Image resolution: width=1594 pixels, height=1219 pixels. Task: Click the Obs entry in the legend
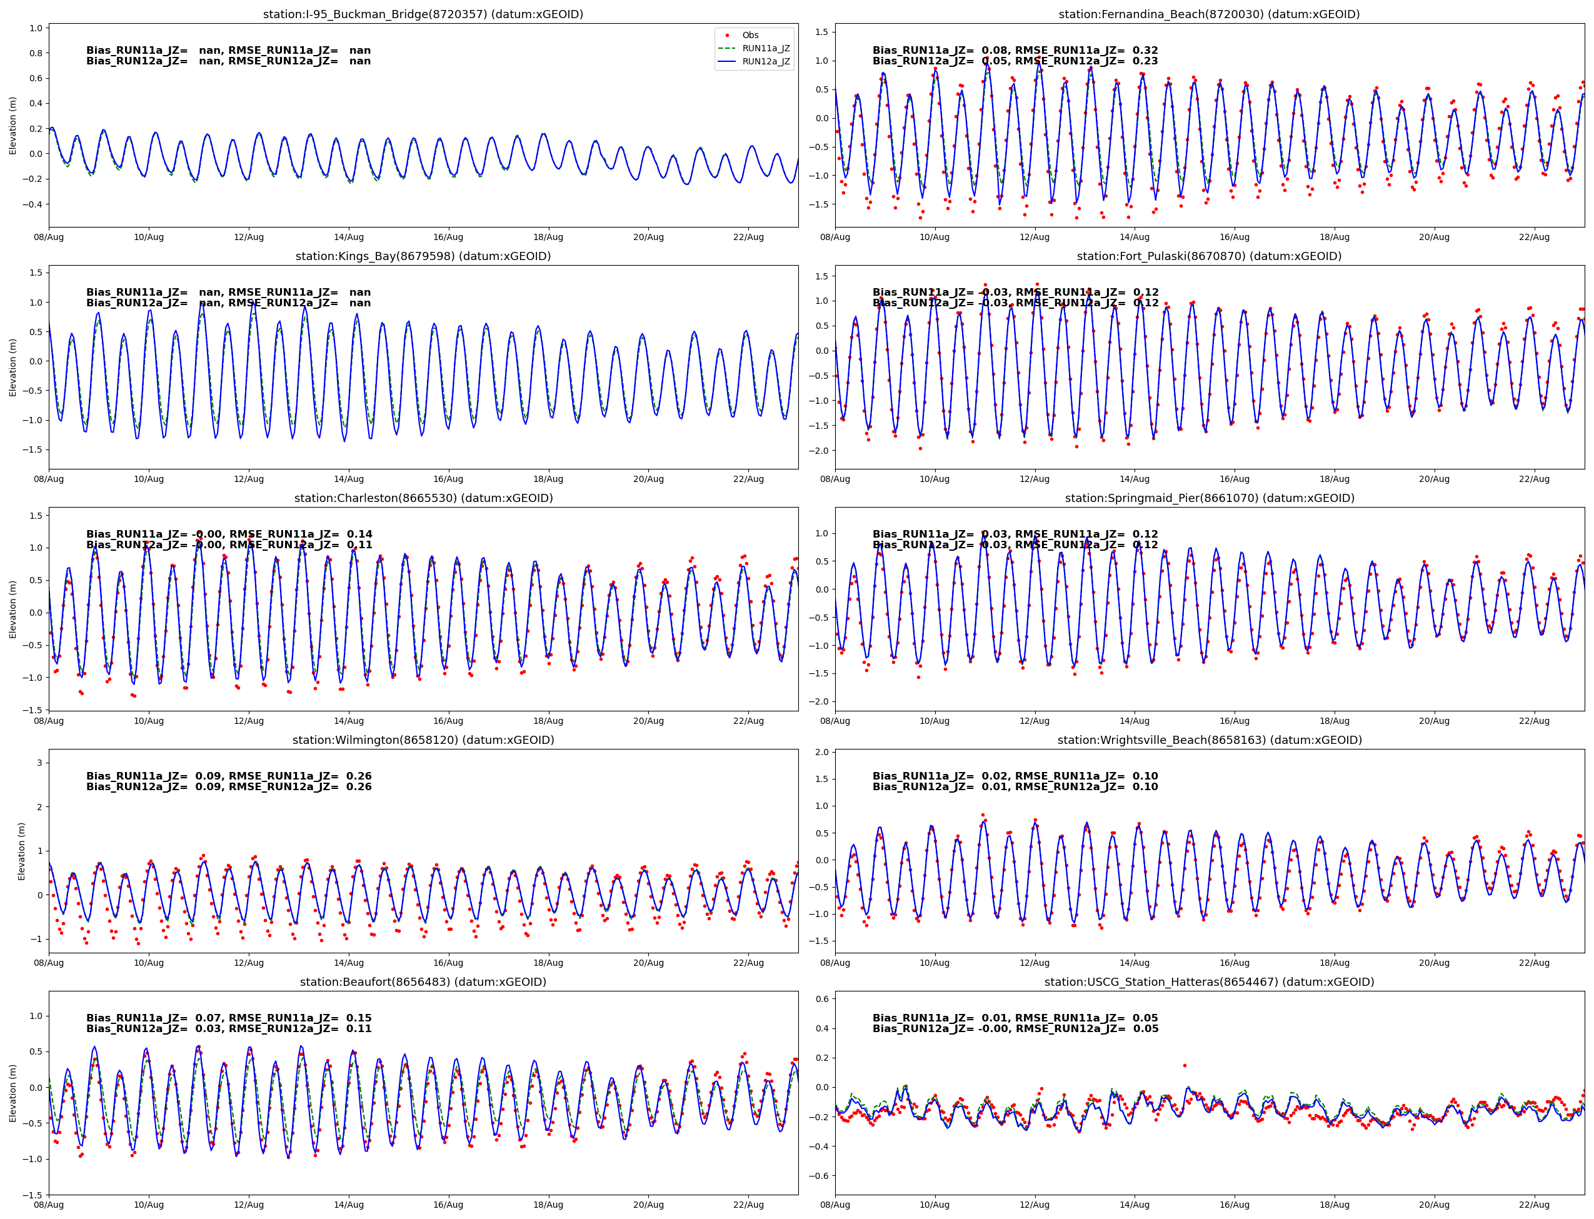[x=749, y=35]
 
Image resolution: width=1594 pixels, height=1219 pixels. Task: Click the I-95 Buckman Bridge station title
[x=423, y=14]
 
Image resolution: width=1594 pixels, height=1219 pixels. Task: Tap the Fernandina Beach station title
[x=1209, y=14]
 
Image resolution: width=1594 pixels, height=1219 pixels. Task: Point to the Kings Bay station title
[x=423, y=256]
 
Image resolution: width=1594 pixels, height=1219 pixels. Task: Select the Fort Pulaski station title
[x=1209, y=256]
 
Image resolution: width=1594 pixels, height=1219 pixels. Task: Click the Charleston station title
[x=423, y=498]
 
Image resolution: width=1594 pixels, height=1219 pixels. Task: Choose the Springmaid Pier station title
[x=1209, y=498]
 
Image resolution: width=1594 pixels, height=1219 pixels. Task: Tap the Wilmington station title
[x=423, y=740]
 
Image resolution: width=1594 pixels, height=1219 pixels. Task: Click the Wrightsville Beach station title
[x=1209, y=740]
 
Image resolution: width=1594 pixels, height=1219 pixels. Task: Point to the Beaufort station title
[x=423, y=981]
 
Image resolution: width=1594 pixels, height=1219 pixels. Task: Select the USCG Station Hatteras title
[x=1209, y=981]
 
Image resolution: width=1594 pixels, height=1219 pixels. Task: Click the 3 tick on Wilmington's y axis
[x=39, y=763]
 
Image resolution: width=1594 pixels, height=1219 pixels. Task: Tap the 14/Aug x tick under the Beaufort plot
[x=348, y=1205]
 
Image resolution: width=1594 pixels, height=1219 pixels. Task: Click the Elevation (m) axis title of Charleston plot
[x=13, y=609]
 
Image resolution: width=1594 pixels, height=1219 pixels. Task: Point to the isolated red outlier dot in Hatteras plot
[x=1185, y=1066]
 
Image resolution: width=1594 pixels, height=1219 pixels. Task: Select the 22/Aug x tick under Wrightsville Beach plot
[x=1534, y=963]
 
